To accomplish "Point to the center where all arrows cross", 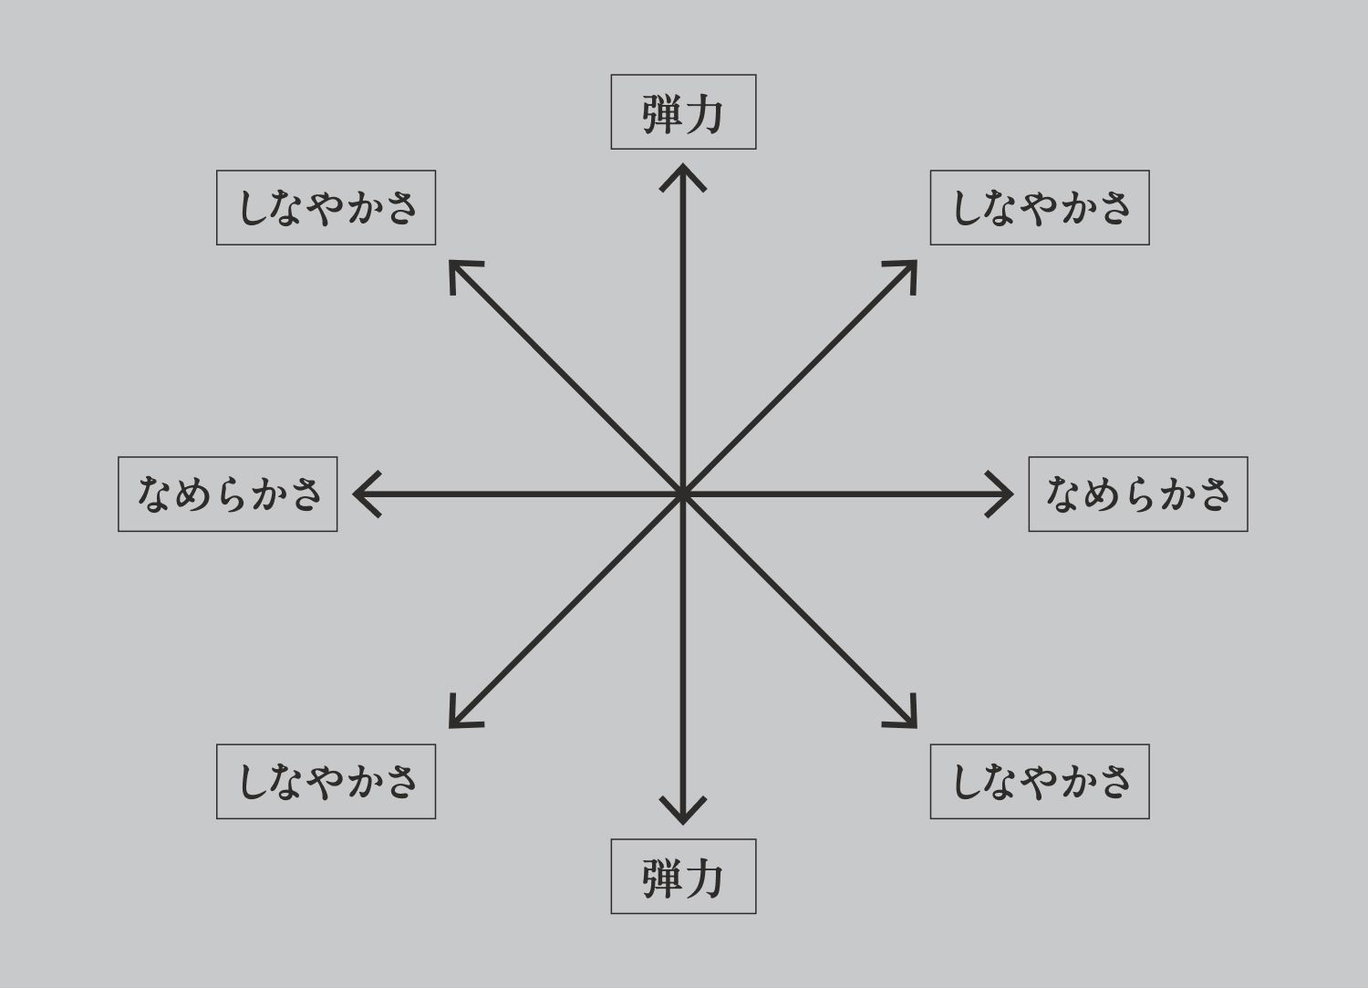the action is tap(683, 494).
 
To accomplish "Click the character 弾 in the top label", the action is tap(662, 114).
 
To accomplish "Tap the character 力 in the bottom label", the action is tap(703, 878).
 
